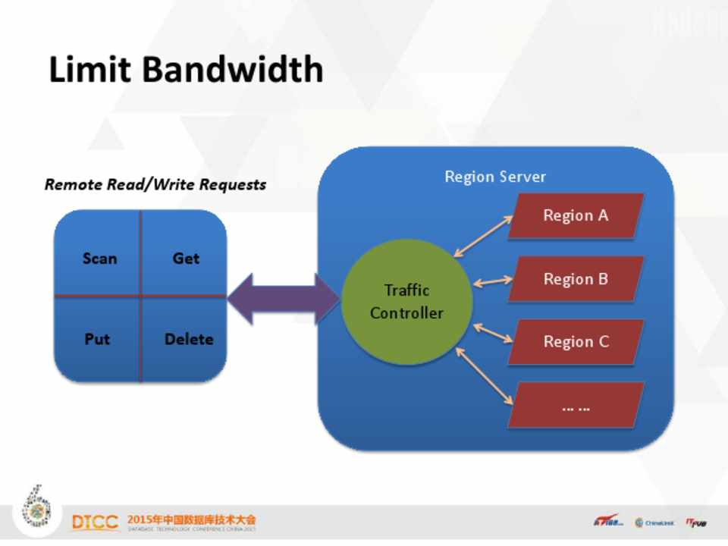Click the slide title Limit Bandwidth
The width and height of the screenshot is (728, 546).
tap(186, 70)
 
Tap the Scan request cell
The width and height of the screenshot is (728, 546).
tap(99, 259)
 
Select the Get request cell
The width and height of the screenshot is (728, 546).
tap(185, 259)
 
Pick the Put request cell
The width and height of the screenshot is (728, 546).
tap(97, 339)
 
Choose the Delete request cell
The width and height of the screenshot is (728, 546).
tap(188, 339)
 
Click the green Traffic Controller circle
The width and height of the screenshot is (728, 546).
tap(406, 301)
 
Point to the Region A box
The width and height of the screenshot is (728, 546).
tap(576, 216)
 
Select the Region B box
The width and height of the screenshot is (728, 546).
tap(576, 279)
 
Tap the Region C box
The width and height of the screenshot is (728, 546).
tap(576, 342)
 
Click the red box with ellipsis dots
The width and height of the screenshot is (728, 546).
tap(576, 406)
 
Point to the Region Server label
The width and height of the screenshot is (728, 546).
tap(494, 177)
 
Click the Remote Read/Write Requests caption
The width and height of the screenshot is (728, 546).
tap(155, 184)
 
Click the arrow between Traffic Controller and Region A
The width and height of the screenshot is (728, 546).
tap(483, 236)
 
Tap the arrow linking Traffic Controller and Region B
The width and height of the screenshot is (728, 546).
tap(493, 281)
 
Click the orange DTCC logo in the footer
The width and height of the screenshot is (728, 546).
tap(95, 522)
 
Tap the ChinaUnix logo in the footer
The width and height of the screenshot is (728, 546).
tap(654, 522)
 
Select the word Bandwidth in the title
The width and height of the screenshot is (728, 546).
tap(233, 70)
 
